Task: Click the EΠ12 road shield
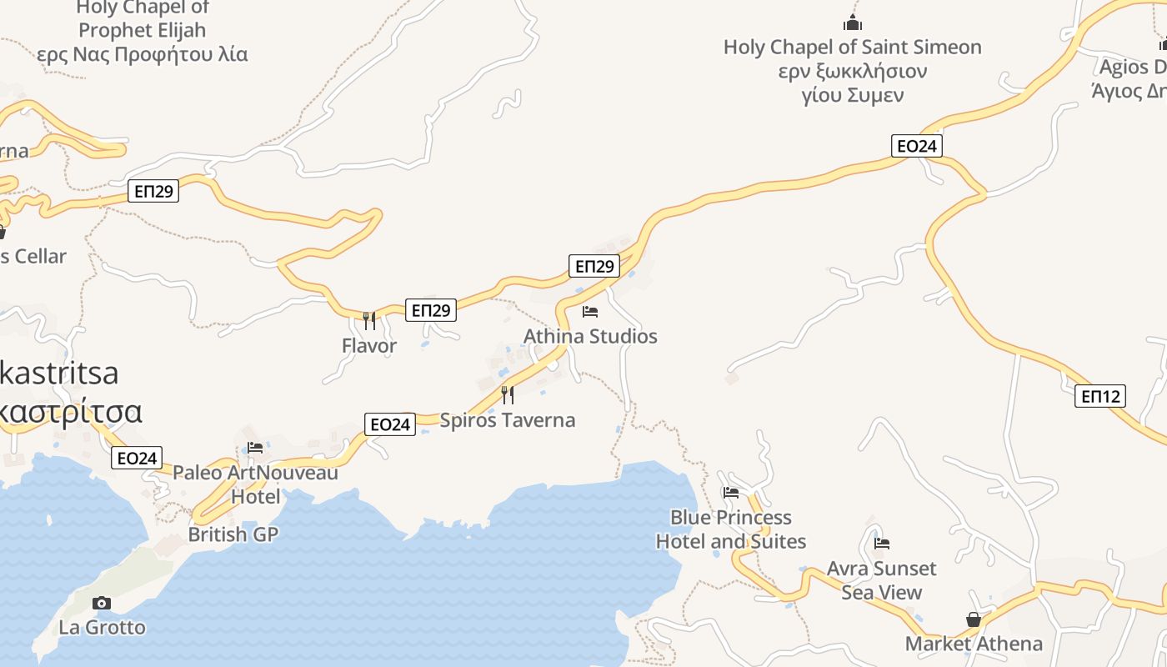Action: point(1101,396)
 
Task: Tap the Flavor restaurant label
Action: point(368,345)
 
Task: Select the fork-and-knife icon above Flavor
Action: point(368,319)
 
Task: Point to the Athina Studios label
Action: point(590,336)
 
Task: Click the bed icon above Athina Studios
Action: point(590,312)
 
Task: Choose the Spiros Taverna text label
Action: point(507,419)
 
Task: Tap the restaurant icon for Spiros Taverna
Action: point(507,394)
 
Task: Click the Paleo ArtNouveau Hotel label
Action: point(255,484)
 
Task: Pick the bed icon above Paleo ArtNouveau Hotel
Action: point(255,448)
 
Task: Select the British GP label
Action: point(233,534)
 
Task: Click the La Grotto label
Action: point(102,627)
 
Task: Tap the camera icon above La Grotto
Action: point(102,603)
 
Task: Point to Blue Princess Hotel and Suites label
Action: point(731,529)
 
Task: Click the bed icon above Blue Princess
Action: point(731,492)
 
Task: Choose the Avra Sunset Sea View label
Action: point(882,580)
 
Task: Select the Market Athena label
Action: point(974,644)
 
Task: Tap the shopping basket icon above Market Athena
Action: point(973,619)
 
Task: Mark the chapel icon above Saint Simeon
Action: point(852,22)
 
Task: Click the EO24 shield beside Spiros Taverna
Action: point(389,424)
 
